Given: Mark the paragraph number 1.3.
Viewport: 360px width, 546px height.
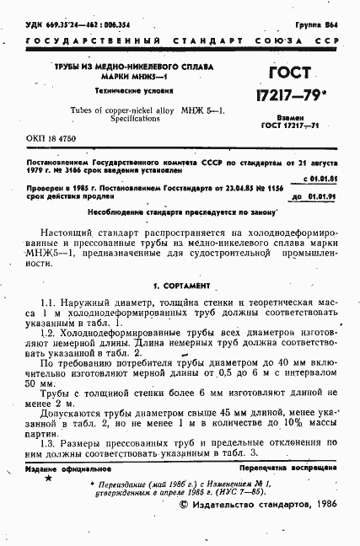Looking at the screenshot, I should (x=48, y=444).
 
